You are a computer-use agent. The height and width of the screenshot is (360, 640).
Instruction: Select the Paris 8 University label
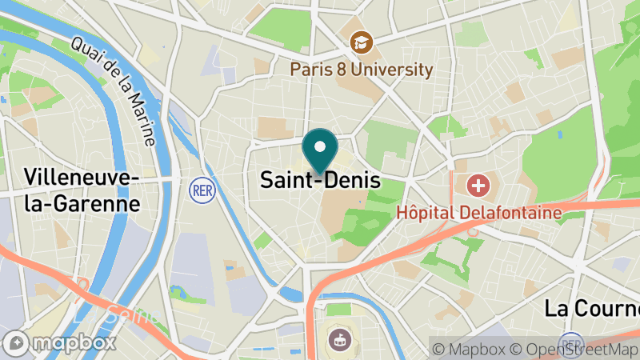[x=362, y=69]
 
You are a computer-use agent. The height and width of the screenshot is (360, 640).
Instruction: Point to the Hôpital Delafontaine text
[x=479, y=212]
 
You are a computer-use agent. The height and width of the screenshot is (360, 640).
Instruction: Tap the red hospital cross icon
[x=479, y=187]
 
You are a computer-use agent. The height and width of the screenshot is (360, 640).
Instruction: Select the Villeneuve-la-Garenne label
[x=82, y=190]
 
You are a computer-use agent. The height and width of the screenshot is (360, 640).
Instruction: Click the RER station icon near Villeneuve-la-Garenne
[x=200, y=190]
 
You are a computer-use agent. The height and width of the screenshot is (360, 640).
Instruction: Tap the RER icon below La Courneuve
[x=571, y=342]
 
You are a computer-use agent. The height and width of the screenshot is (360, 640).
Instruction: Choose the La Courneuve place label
[x=592, y=308]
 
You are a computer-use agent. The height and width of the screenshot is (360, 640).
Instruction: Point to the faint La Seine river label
[x=120, y=314]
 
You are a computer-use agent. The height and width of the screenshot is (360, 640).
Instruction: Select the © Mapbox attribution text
[x=469, y=349]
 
